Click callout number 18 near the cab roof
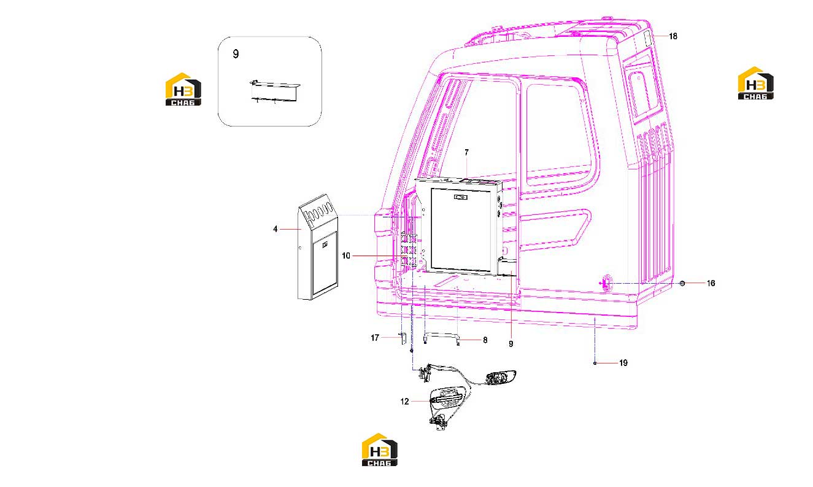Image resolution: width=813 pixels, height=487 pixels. tap(673, 36)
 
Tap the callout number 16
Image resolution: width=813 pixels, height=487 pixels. tap(711, 283)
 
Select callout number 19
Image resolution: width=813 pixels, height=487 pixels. tap(623, 363)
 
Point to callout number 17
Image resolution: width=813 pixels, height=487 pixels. tap(374, 338)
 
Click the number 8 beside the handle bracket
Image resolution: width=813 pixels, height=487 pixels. tap(485, 340)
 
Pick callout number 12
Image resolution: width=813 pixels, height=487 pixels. tap(404, 402)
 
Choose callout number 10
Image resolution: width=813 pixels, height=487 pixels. tap(346, 256)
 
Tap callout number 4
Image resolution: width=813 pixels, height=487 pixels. tap(275, 229)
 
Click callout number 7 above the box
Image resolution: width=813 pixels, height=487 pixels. tap(467, 153)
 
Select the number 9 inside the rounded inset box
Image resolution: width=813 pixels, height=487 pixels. tap(236, 54)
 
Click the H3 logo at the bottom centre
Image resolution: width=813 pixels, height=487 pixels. tap(380, 450)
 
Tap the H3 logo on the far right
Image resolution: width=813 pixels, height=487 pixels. tap(756, 83)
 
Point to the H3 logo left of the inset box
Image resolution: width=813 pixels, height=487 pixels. tap(183, 89)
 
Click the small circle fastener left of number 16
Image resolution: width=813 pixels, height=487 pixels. tap(682, 283)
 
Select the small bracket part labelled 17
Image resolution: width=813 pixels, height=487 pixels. tap(402, 338)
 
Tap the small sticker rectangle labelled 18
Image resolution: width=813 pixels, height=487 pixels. tap(647, 39)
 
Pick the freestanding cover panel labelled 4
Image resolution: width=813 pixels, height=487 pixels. tap(318, 247)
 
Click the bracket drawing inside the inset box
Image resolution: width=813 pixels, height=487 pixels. tap(275, 92)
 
